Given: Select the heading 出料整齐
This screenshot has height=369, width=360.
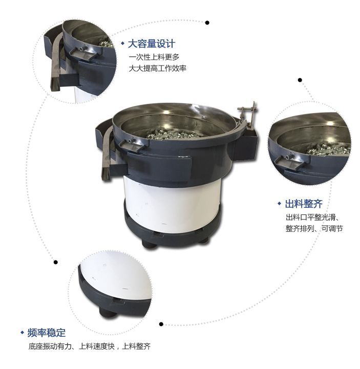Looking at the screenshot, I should tap(302, 204).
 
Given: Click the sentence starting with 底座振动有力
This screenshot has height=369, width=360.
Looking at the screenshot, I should tap(89, 346).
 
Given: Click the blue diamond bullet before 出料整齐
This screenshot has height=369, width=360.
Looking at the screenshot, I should tap(280, 204).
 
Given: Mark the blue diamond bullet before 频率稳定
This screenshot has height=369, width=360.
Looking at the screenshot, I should tap(22, 333).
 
